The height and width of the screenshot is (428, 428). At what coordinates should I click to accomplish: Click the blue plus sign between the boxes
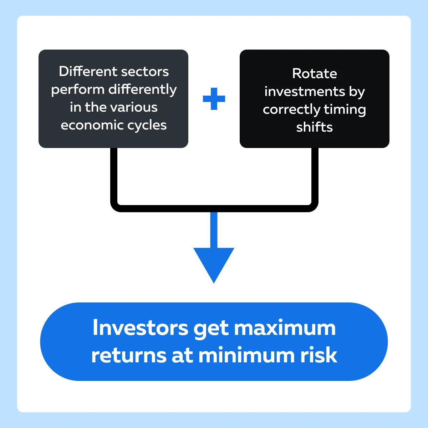(214, 99)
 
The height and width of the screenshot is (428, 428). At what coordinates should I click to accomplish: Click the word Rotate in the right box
(315, 73)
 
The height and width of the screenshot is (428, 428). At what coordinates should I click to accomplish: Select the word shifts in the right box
(315, 127)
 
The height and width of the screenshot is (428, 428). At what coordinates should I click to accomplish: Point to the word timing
(345, 110)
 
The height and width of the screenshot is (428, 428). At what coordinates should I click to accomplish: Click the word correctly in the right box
(291, 110)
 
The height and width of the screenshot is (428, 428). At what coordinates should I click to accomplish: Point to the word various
(134, 107)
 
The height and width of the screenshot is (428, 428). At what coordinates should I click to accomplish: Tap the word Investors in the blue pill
(141, 328)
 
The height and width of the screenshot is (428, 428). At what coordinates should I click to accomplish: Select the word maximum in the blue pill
(285, 328)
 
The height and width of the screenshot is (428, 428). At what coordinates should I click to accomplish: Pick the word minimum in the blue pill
(246, 355)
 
